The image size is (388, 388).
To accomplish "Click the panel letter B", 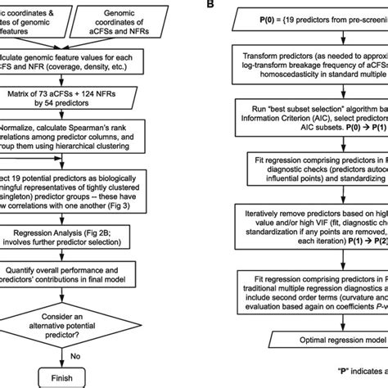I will click(213, 4).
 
